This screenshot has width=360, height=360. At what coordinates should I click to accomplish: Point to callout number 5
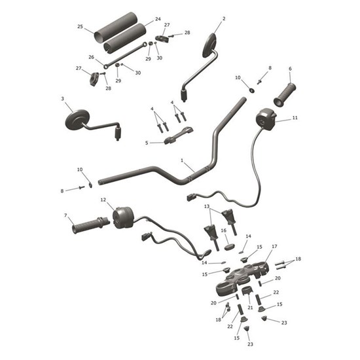click(x=147, y=143)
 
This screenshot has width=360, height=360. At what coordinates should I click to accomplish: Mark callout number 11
click(x=295, y=118)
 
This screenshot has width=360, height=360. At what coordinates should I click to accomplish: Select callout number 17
click(x=274, y=247)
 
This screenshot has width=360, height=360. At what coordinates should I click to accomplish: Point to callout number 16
click(x=223, y=230)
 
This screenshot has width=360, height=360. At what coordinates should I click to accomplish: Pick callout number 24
click(x=158, y=20)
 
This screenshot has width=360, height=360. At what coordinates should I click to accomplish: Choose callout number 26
click(x=91, y=57)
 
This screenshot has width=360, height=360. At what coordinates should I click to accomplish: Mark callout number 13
click(x=207, y=207)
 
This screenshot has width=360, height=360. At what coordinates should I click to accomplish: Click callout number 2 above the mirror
click(x=223, y=19)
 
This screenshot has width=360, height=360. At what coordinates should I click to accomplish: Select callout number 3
click(x=62, y=99)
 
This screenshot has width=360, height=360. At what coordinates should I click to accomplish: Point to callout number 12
click(x=103, y=200)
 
